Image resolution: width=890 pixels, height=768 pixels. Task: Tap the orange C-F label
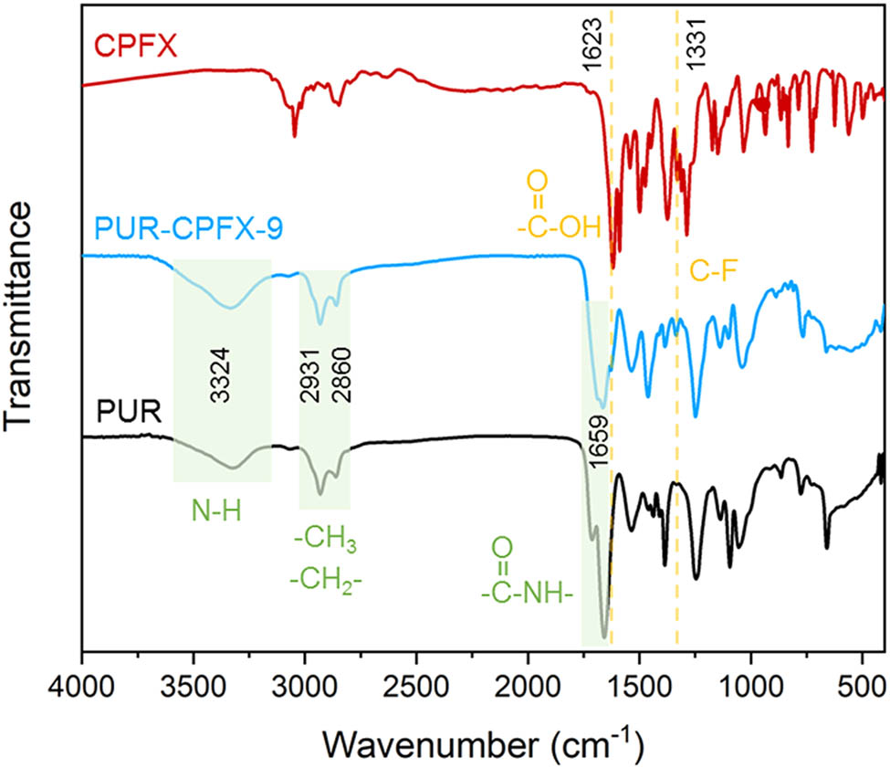[710, 271]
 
